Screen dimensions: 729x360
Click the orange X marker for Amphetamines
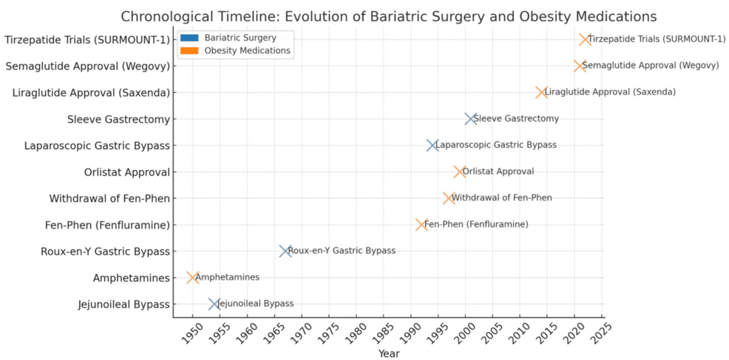(x=192, y=278)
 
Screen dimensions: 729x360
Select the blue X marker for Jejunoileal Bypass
(x=214, y=304)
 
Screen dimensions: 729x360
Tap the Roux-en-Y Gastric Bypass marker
(x=285, y=251)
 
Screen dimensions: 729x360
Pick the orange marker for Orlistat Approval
(x=460, y=171)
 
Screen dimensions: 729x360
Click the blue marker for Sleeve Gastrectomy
(x=470, y=119)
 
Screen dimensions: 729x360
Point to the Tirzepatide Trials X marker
(x=586, y=39)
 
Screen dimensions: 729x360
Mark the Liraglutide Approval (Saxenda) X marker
(x=542, y=92)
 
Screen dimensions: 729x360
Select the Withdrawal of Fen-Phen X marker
(x=449, y=198)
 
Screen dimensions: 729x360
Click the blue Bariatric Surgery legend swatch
(x=189, y=37)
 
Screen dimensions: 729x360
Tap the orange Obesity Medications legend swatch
(x=189, y=51)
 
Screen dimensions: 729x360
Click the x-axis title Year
(x=389, y=353)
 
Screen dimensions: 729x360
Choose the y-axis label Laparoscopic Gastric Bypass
(x=96, y=146)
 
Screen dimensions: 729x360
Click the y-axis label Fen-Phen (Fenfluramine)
(x=107, y=225)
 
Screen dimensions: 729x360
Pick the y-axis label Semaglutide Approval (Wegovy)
(x=87, y=67)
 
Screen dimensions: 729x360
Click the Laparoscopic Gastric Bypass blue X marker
(x=433, y=146)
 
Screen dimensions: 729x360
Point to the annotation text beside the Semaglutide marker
(x=651, y=66)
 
